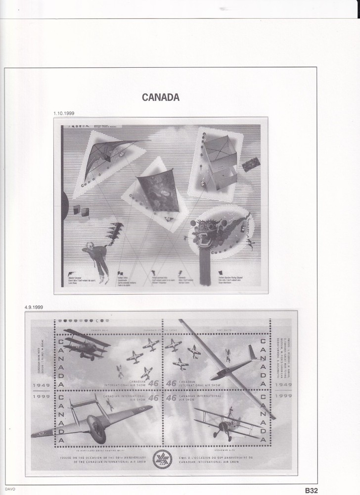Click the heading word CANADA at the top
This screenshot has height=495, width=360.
[161, 98]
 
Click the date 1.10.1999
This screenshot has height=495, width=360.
[65, 114]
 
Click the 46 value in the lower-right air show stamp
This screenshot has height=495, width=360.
[171, 397]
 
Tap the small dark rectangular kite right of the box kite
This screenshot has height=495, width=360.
[251, 164]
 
